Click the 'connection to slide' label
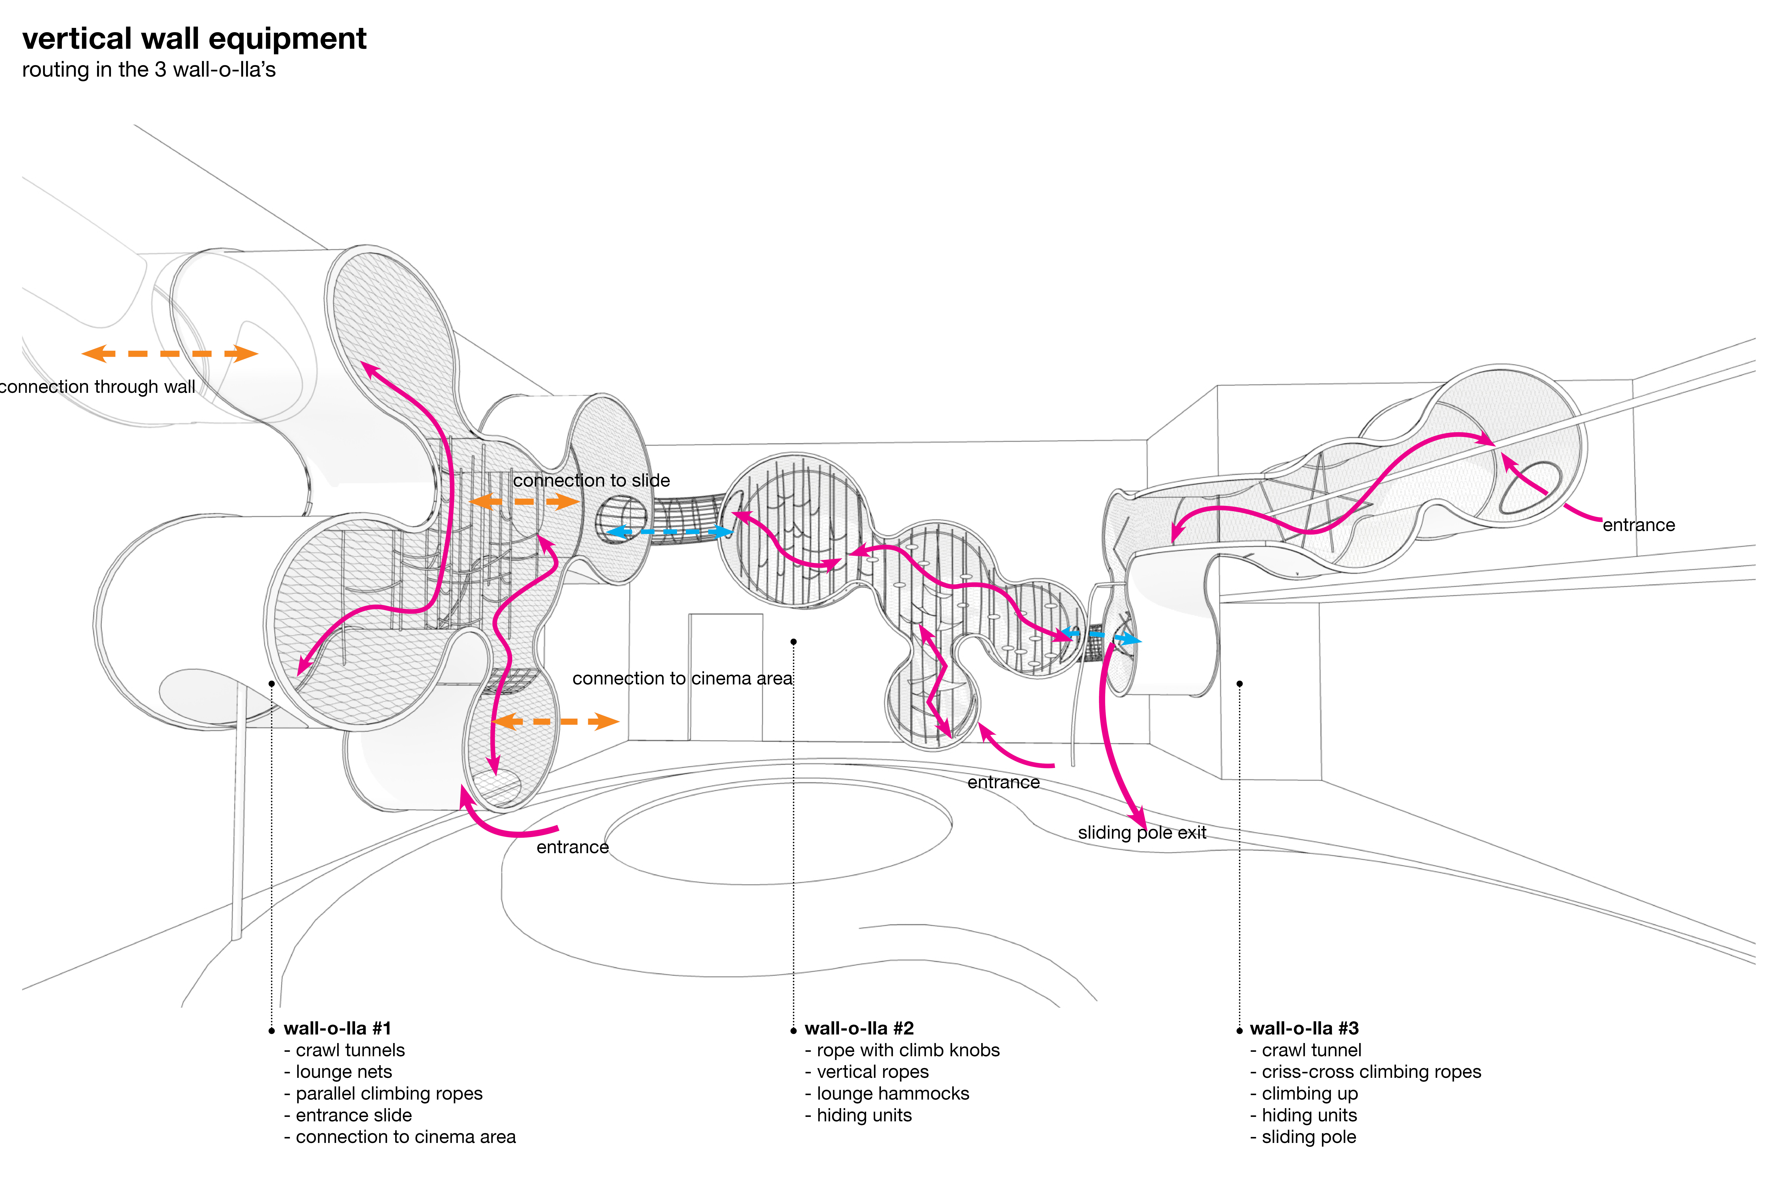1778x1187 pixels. tap(591, 481)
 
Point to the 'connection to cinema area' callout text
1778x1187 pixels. tap(682, 678)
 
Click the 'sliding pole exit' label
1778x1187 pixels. tap(1141, 833)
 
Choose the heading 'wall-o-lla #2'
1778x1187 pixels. tap(859, 1028)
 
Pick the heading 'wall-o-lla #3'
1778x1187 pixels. tap(1304, 1028)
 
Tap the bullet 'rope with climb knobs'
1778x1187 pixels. tap(908, 1050)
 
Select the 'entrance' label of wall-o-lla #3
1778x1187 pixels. tap(1639, 525)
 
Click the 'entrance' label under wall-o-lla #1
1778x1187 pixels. tap(572, 847)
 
